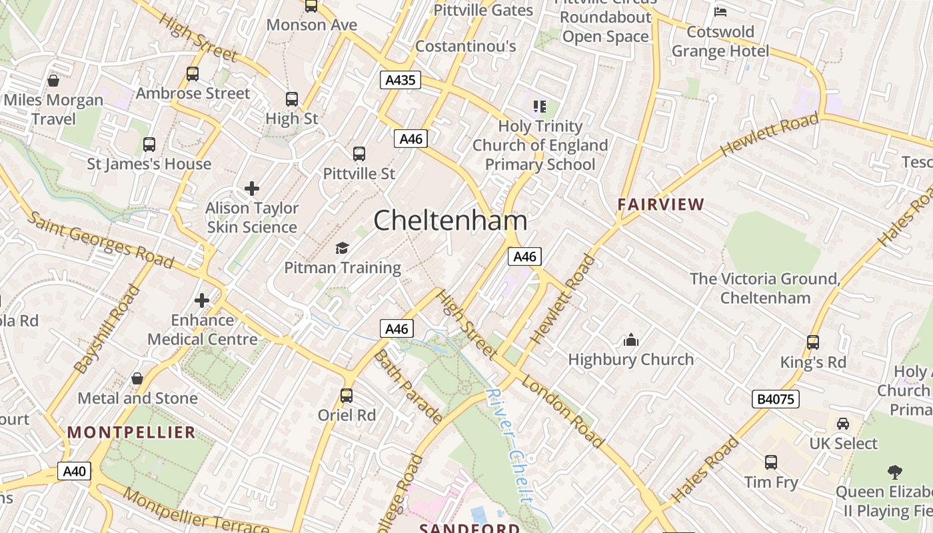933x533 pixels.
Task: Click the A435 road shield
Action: [x=401, y=81]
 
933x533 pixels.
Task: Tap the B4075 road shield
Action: [x=776, y=399]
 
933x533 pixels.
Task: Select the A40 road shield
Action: [x=74, y=472]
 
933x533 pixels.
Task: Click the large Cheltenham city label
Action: [x=450, y=221]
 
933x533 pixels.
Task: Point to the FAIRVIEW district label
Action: [x=660, y=205]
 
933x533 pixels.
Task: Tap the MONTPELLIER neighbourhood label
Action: [x=131, y=432]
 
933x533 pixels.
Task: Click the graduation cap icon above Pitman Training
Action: [x=342, y=249]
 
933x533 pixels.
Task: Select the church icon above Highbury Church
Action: [x=630, y=340]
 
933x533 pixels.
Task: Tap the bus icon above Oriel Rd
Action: [x=347, y=395]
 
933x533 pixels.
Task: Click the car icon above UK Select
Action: [x=843, y=424]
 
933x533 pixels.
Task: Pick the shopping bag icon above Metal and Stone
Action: [x=137, y=378]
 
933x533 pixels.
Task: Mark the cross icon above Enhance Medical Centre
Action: [x=202, y=300]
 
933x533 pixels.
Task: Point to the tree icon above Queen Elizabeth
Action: [x=895, y=472]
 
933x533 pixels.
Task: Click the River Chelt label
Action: [x=510, y=444]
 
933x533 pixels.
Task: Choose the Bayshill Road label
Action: [x=107, y=330]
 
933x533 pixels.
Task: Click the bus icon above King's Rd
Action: [x=813, y=342]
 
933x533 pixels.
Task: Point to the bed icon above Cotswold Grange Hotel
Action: [x=720, y=11]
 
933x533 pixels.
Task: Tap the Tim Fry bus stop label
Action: [x=770, y=482]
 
